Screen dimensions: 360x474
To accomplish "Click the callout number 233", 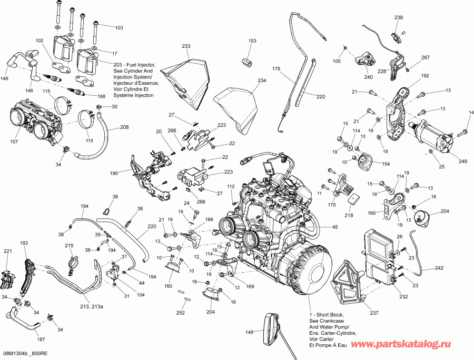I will click(186, 46).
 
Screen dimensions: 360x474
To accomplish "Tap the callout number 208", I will click(124, 127).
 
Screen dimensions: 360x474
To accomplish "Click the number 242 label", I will click(439, 268).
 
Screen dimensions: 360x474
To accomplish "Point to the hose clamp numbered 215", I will click(73, 260).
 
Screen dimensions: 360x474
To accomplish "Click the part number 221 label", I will click(7, 252).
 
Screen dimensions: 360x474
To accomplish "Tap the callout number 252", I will click(181, 312).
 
